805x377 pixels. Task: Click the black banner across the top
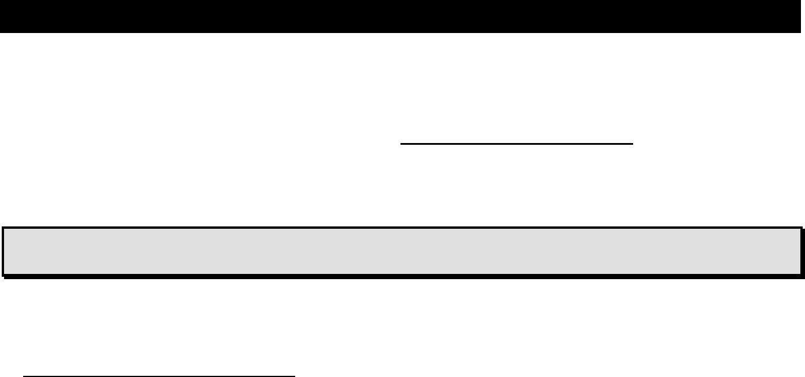pyautogui.click(x=402, y=16)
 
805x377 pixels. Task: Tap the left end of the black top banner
pyautogui.click(x=2, y=16)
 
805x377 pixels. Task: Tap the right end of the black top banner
pyautogui.click(x=802, y=16)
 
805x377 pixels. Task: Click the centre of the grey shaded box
pyautogui.click(x=402, y=251)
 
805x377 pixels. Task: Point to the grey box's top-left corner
pyautogui.click(x=3, y=228)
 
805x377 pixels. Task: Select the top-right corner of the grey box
pyautogui.click(x=800, y=228)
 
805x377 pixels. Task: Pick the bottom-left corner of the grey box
pyautogui.click(x=3, y=274)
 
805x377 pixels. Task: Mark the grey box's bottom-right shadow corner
pyautogui.click(x=803, y=277)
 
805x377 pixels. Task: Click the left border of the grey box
pyautogui.click(x=3, y=251)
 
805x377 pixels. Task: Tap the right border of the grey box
pyautogui.click(x=800, y=251)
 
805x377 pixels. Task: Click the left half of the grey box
pyautogui.click(x=203, y=251)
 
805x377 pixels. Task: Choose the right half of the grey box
pyautogui.click(x=602, y=251)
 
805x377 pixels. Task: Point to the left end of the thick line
pyautogui.click(x=402, y=142)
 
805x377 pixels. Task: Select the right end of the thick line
pyautogui.click(x=634, y=142)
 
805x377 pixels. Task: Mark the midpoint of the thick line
pyautogui.click(x=517, y=142)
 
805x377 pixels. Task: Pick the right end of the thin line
pyautogui.click(x=295, y=376)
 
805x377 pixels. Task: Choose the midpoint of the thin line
pyautogui.click(x=159, y=376)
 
